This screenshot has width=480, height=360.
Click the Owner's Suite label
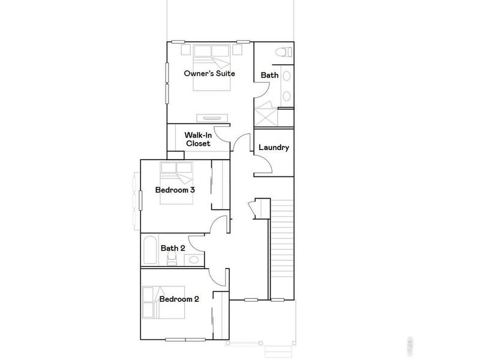coord(209,74)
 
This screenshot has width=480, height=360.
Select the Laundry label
coord(274,148)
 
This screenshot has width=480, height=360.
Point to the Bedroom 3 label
coord(175,190)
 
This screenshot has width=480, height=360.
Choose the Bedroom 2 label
coord(179,299)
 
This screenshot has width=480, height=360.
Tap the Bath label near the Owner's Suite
coord(268,75)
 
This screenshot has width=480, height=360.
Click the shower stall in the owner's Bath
coord(266,115)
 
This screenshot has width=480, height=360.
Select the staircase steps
coord(282,246)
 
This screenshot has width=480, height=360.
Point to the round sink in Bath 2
coord(194,260)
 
